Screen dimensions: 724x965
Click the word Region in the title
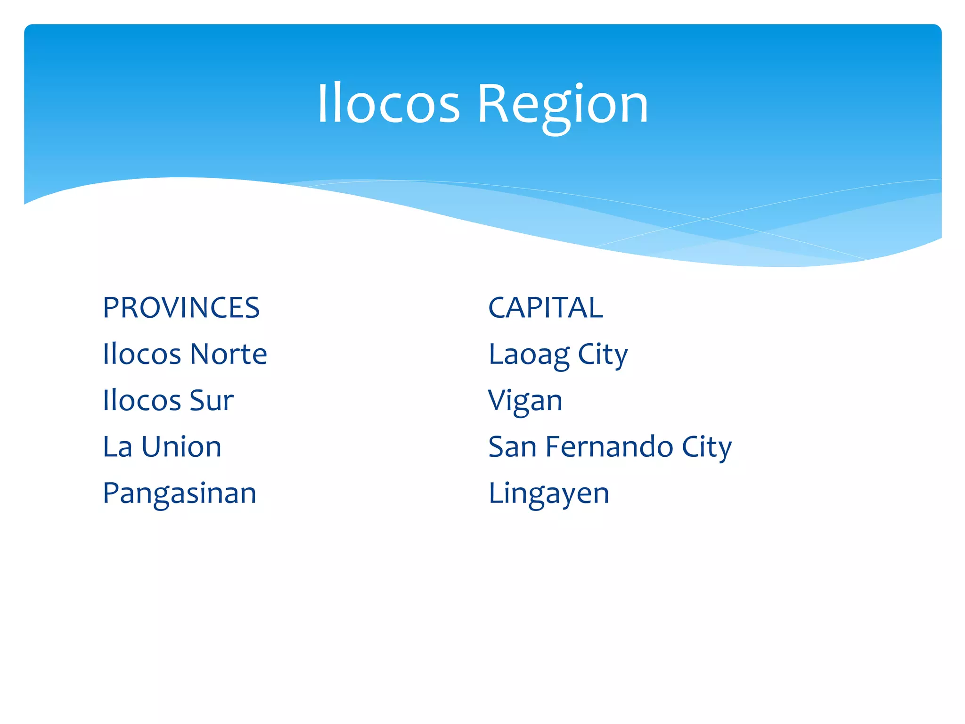[563, 105]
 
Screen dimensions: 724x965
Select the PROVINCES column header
[181, 308]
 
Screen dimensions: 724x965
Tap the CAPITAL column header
[545, 308]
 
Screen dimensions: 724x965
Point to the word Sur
[212, 401]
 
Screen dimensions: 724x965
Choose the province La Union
[162, 447]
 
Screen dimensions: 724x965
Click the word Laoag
[529, 355]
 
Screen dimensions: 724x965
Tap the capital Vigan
[525, 401]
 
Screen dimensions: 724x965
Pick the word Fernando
[609, 447]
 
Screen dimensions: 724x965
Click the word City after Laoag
[603, 355]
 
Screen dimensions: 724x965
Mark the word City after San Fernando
[706, 447]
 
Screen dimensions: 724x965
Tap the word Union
[181, 447]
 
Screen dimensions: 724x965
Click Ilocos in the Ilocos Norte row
[142, 354]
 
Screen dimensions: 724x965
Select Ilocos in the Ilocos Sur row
[142, 401]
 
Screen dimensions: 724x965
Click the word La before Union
[117, 447]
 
